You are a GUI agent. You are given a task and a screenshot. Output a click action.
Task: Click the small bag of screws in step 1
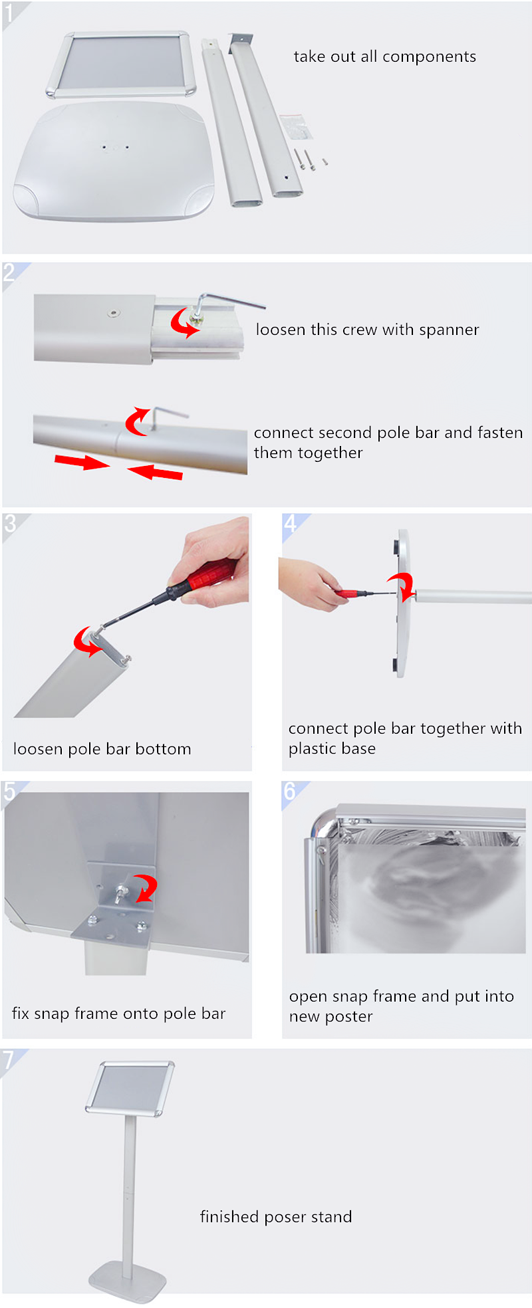(295, 126)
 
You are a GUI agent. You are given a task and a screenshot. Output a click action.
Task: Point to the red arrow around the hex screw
(184, 322)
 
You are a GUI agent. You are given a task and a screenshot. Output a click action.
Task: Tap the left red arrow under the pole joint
(82, 461)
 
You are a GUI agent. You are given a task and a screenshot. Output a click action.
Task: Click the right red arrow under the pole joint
(155, 472)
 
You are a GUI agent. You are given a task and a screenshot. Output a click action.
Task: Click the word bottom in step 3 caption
(163, 749)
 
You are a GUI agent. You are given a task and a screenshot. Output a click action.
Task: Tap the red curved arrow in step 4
(402, 585)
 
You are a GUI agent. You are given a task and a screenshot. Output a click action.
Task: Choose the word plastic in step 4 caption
(313, 749)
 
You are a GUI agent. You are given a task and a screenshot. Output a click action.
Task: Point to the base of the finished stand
(128, 1279)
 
